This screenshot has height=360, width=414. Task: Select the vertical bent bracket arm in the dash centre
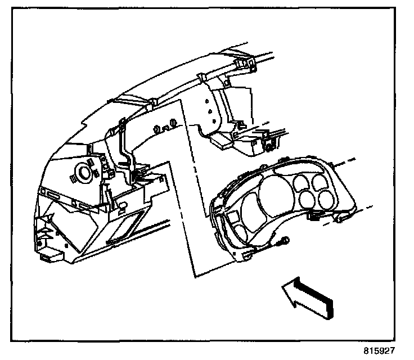tap(123, 143)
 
